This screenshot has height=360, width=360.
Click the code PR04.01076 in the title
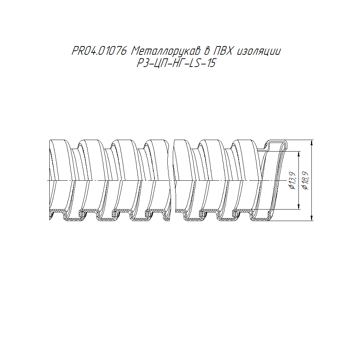[x=99, y=51]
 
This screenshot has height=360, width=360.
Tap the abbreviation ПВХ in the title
[x=223, y=51]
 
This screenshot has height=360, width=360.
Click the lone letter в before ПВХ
[x=206, y=51]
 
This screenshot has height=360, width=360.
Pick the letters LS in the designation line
[x=194, y=63]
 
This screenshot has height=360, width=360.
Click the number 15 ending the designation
[x=211, y=63]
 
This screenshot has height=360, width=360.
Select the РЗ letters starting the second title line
[x=142, y=63]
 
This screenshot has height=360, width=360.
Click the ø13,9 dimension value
[x=292, y=180]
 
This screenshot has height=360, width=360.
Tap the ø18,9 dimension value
[x=305, y=180]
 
